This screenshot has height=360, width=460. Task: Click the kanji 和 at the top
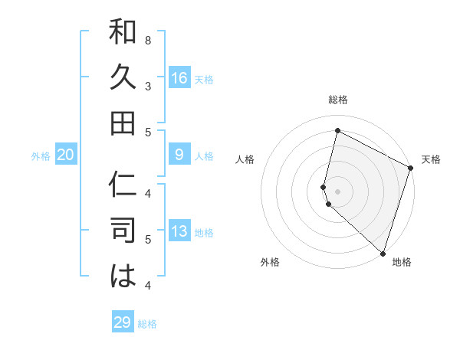tap(123, 33)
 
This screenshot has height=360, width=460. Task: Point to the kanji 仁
tap(123, 186)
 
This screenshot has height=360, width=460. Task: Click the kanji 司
tap(123, 231)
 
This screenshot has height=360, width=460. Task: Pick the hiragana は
tap(123, 277)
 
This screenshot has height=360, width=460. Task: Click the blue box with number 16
tap(179, 78)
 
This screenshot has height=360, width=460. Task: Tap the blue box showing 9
tap(179, 155)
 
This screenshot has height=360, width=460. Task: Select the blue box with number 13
tap(179, 232)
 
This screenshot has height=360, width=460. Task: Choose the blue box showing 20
tap(66, 155)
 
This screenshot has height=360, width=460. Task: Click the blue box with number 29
tap(123, 322)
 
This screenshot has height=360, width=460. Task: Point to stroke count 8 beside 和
tap(148, 39)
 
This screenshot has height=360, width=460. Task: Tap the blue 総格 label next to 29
tap(147, 324)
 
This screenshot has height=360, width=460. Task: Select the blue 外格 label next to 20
tap(41, 156)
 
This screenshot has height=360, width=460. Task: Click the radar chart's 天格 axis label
tap(431, 159)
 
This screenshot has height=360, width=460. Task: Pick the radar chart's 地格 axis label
tap(402, 262)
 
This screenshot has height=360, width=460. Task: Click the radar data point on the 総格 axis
tap(337, 131)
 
